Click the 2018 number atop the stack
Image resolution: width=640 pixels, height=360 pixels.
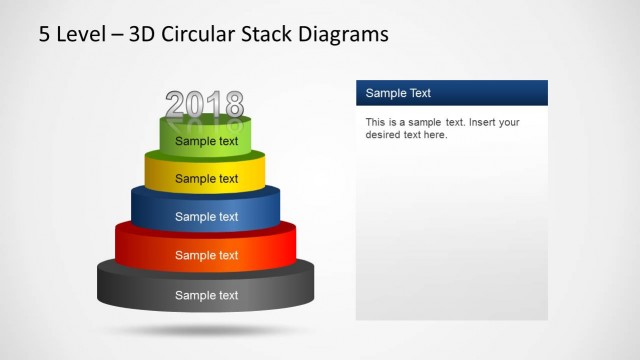coord(205,104)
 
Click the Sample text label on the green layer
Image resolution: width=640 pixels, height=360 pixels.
coord(207,141)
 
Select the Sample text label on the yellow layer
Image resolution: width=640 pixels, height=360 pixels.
coord(207,179)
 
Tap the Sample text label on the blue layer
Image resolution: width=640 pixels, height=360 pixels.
coord(207,216)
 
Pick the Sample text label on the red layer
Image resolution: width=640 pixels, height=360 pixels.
coord(207,255)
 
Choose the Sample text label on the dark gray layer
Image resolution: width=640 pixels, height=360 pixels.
coord(207,295)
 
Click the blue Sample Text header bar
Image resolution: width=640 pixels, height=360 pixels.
coord(451,93)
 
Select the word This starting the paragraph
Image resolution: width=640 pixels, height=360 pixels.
coord(375,123)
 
